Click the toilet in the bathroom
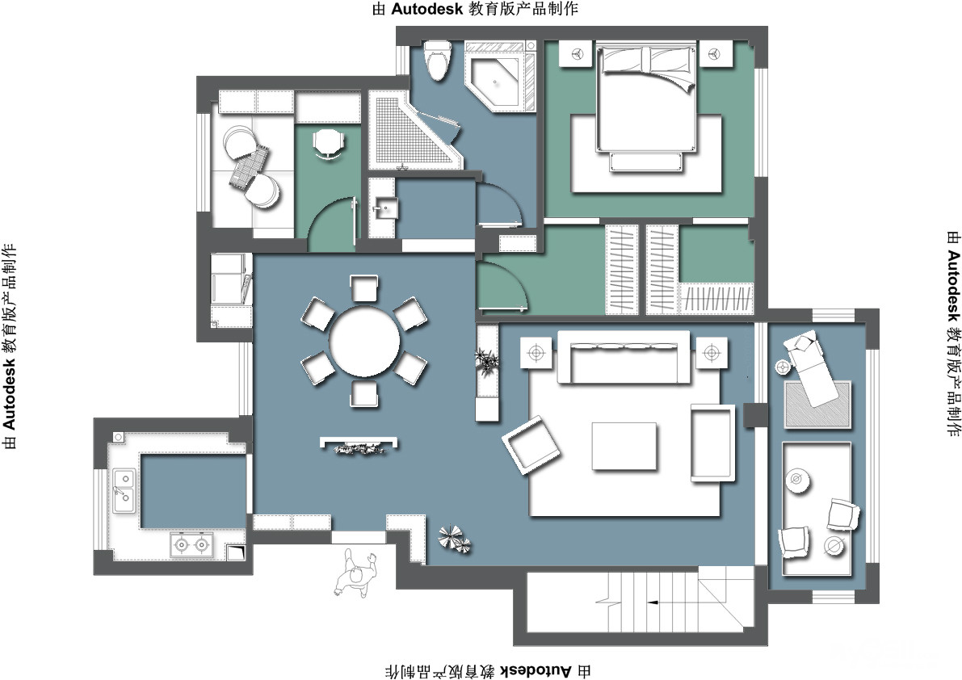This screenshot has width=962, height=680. point(437,60)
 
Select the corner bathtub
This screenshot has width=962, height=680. point(496,77)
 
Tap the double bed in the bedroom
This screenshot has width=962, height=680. point(647,96)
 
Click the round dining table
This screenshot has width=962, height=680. point(364,342)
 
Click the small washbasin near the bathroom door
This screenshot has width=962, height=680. point(384,208)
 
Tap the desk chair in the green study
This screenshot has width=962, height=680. point(328,145)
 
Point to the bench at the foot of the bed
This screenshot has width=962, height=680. point(646,162)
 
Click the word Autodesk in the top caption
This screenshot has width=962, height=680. point(426,9)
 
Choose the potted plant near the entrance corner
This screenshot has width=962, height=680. point(454,539)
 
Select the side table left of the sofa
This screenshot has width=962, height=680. point(537,353)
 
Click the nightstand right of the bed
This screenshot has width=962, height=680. point(716,54)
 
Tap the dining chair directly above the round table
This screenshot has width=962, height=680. point(364,288)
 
